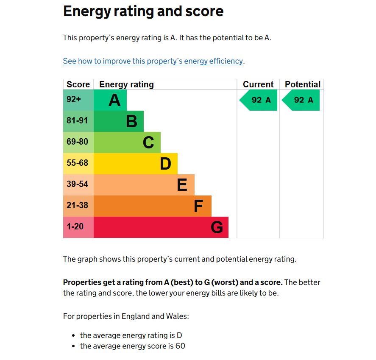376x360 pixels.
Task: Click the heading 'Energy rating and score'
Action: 143,11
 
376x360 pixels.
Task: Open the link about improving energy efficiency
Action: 153,61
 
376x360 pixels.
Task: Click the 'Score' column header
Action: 78,84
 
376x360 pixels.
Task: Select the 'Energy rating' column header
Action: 126,84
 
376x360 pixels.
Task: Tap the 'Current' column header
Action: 258,84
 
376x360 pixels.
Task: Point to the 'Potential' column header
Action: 303,84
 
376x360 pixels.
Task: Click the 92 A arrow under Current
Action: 258,100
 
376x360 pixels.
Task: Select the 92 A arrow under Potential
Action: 301,100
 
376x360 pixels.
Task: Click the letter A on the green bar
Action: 114,100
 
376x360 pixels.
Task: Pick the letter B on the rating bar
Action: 132,121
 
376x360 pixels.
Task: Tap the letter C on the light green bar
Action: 148,142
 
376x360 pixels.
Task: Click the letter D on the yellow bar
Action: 165,164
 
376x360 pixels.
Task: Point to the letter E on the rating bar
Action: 182,185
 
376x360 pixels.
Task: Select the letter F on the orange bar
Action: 198,206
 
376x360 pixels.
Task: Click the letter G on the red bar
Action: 217,227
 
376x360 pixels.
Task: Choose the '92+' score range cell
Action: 78,100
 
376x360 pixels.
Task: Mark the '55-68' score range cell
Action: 78,164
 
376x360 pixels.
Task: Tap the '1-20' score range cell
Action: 78,227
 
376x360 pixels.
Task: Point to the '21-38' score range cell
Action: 78,206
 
